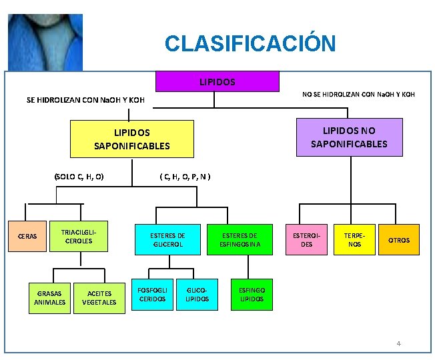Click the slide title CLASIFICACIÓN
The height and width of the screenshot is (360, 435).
(250, 44)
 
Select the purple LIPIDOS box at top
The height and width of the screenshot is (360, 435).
(217, 81)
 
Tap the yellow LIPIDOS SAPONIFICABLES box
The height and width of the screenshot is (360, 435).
(132, 139)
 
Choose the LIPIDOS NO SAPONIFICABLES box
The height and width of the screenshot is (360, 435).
(349, 137)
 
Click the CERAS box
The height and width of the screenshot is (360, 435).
(27, 236)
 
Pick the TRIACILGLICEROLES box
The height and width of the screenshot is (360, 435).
(79, 236)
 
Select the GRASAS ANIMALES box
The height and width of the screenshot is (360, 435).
(50, 297)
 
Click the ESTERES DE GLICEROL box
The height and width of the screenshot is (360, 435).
(167, 239)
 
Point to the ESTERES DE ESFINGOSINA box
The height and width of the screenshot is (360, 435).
(240, 239)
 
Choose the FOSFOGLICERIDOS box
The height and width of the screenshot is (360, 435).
(151, 294)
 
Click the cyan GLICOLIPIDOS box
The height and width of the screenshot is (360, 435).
(197, 294)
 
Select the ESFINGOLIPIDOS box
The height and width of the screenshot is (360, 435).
(252, 294)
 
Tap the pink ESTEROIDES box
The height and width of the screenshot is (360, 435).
(307, 239)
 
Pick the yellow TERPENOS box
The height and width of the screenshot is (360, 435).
(354, 239)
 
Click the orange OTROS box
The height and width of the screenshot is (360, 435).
(399, 240)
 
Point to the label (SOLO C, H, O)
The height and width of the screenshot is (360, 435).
(78, 177)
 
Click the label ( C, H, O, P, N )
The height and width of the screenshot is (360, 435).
(185, 177)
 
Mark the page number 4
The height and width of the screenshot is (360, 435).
(398, 344)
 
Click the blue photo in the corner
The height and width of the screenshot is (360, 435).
(45, 42)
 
